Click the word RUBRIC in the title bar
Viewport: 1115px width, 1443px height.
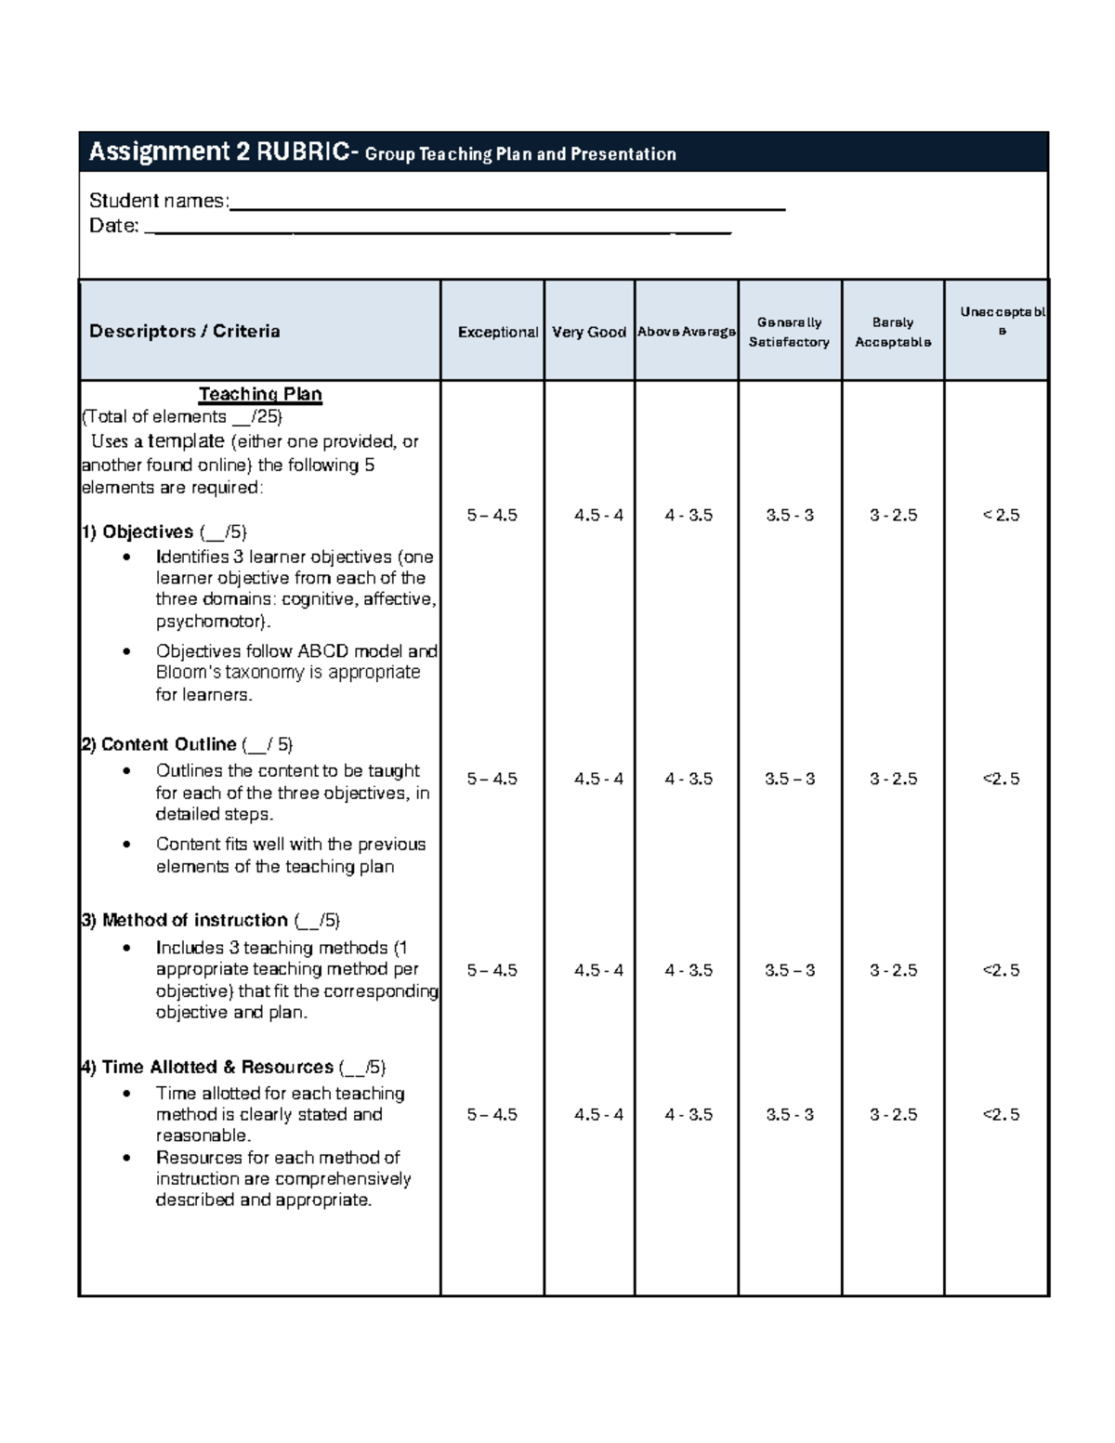[303, 152]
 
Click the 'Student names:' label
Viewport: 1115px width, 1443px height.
[158, 201]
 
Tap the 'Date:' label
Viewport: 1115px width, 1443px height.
[113, 226]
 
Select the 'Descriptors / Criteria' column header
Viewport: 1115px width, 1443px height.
[184, 332]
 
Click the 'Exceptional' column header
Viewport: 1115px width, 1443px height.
[497, 332]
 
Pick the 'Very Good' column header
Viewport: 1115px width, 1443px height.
[589, 332]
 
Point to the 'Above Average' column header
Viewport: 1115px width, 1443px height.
[687, 332]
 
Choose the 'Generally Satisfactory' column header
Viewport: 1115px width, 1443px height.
[789, 332]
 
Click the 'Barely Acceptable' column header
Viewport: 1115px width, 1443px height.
[892, 332]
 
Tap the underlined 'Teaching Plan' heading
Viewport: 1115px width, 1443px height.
[260, 394]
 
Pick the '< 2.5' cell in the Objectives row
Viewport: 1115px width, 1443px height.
[1001, 515]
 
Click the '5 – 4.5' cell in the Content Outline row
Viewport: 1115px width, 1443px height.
[492, 779]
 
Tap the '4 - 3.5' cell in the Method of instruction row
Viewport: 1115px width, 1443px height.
[689, 970]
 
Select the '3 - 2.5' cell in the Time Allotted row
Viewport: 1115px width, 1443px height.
[893, 1114]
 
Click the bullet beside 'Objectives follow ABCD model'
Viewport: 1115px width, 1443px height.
[127, 652]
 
